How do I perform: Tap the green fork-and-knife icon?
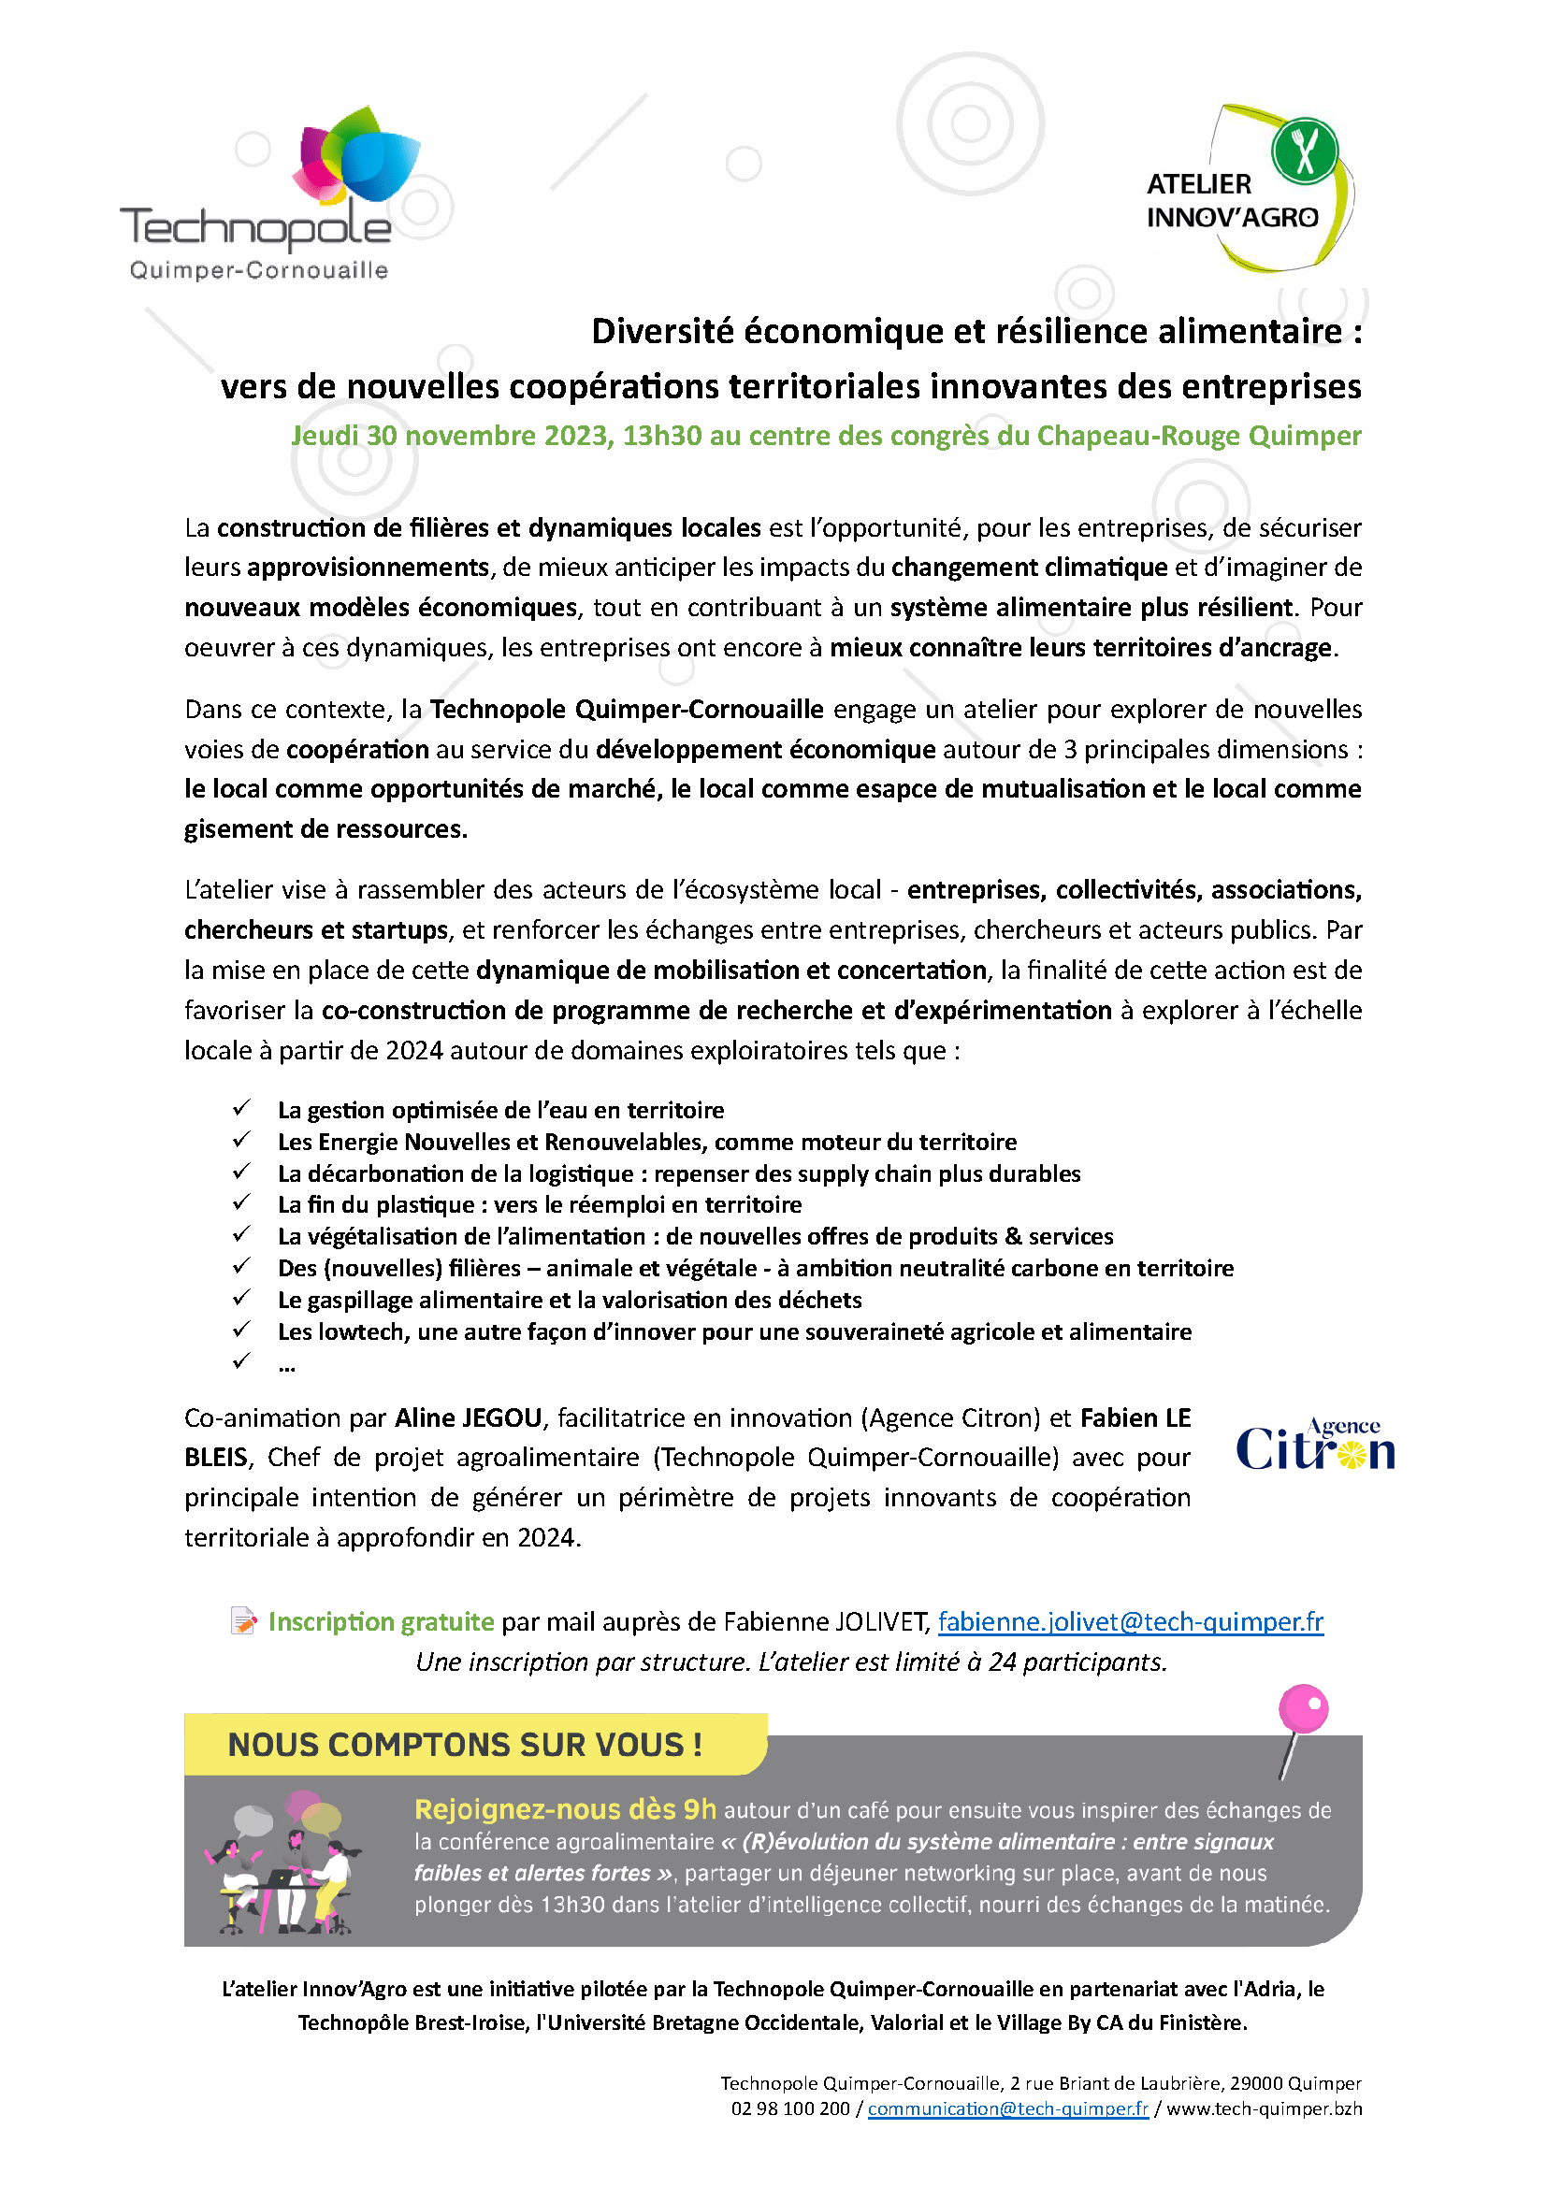1304,150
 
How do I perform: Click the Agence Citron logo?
1314,1446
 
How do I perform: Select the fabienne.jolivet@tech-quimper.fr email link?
1130,1621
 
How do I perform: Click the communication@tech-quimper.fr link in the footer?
1008,2108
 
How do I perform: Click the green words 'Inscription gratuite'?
381,1621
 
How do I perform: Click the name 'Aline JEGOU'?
468,1417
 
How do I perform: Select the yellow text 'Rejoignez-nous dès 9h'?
565,1809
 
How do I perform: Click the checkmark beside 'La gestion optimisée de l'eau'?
241,1108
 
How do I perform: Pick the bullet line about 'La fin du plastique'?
539,1205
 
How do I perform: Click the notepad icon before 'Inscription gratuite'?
244,1620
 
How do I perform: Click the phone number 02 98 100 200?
789,2108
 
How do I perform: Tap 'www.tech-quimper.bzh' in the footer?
1265,2108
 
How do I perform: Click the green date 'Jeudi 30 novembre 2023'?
452,436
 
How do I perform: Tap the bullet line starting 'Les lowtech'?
733,1331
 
